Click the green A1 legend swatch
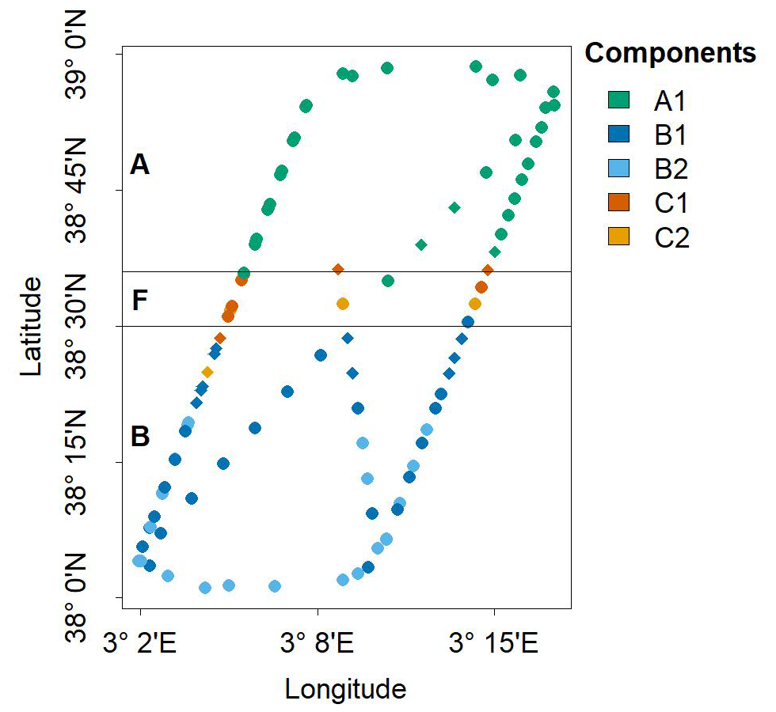tap(618, 100)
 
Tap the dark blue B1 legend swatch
tap(618, 134)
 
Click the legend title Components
tap(670, 53)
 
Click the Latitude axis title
tap(33, 325)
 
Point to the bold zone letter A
tap(139, 165)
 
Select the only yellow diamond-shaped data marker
tap(207, 372)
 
